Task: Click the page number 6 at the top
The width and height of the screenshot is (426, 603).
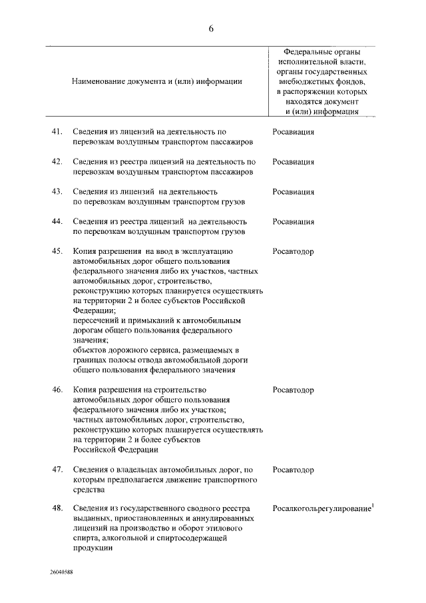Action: tap(211, 28)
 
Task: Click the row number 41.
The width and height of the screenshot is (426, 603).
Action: tap(57, 132)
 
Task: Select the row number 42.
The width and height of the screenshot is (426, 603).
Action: tap(57, 162)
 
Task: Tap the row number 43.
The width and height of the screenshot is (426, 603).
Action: tap(57, 192)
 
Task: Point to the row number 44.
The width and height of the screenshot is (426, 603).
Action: tap(57, 222)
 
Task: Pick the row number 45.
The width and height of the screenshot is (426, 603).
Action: tap(57, 252)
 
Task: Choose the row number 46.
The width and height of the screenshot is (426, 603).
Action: tap(57, 390)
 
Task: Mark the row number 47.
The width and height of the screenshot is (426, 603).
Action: tap(57, 470)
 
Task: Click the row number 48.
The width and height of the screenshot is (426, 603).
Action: tap(57, 509)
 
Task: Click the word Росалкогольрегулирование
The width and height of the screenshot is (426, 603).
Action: tap(321, 510)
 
